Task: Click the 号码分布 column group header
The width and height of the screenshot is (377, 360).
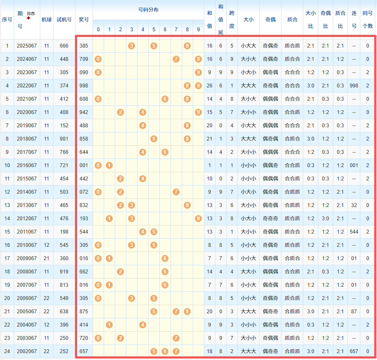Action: (x=148, y=9)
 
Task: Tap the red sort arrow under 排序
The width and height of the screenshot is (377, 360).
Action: (x=29, y=18)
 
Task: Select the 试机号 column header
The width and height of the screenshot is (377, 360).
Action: (x=64, y=20)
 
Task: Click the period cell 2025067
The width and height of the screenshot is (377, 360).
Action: (x=27, y=46)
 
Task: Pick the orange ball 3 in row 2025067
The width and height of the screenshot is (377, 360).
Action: (x=132, y=46)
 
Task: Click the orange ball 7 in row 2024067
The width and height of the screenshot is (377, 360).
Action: (x=176, y=59)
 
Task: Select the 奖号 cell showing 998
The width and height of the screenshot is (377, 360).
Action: (x=84, y=86)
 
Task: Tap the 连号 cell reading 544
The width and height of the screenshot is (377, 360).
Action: (x=354, y=232)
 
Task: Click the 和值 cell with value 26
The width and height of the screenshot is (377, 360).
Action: (x=209, y=86)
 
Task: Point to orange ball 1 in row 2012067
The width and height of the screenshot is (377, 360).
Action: (x=109, y=219)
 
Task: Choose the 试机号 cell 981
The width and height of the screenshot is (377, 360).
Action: (x=64, y=139)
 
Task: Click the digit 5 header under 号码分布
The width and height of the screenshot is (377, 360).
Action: (x=154, y=30)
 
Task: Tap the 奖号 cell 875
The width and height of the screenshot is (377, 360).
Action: (x=84, y=312)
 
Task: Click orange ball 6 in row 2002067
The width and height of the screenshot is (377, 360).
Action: (x=165, y=351)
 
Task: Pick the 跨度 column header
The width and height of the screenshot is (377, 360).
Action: (x=232, y=20)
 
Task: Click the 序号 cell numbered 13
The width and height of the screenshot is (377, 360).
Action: (x=7, y=205)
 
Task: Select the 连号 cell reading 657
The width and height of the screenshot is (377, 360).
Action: (x=354, y=351)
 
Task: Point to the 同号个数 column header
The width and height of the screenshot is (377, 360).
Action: (x=367, y=20)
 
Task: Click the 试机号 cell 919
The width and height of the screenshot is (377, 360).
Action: (x=64, y=272)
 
